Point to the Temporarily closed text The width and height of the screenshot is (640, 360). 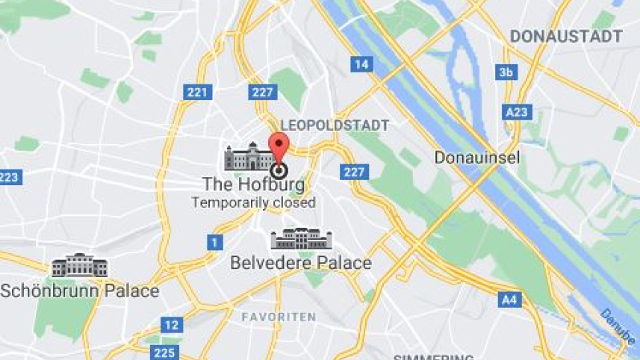tap(253, 202)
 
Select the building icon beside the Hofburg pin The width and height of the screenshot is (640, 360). tap(249, 156)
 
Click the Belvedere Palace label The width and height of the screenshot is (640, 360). tap(301, 263)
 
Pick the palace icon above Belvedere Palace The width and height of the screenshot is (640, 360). tap(301, 239)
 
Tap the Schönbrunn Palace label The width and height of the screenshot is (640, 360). tap(80, 291)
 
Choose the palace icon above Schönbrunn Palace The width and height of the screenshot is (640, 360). tap(79, 265)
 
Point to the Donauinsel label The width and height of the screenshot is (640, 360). tap(477, 158)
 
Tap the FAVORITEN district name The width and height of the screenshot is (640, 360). tap(279, 317)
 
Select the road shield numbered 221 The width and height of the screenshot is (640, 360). tap(197, 93)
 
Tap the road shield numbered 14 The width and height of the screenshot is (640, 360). tap(361, 64)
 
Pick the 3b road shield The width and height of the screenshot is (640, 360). tap(507, 72)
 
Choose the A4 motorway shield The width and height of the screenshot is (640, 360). tap(509, 300)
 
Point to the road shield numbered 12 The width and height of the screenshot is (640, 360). tap(172, 325)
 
